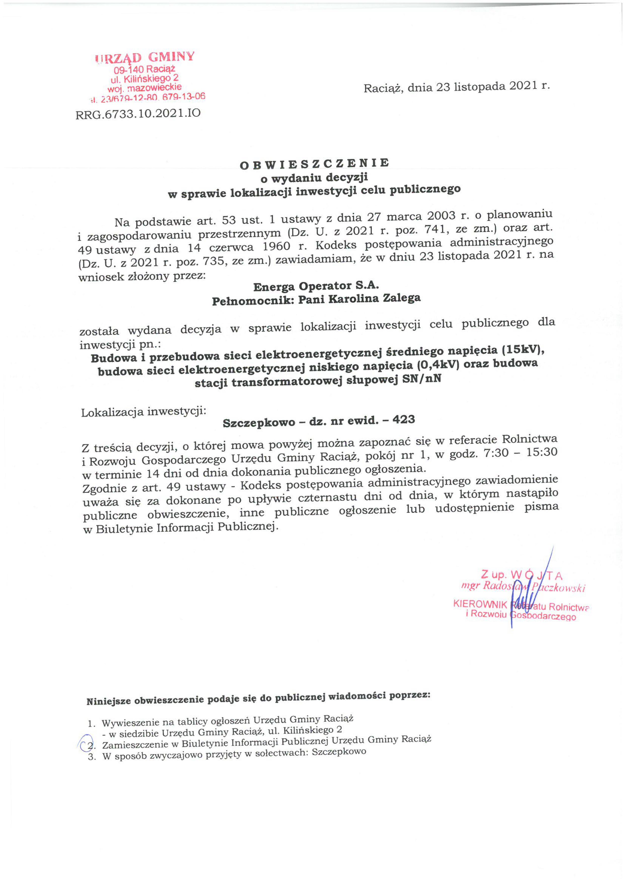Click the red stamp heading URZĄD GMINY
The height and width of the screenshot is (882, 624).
pos(145,58)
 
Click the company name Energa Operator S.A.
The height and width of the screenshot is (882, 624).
pos(316,286)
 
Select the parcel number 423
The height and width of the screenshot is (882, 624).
pos(404,420)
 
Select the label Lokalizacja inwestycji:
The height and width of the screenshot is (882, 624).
pos(144,412)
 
